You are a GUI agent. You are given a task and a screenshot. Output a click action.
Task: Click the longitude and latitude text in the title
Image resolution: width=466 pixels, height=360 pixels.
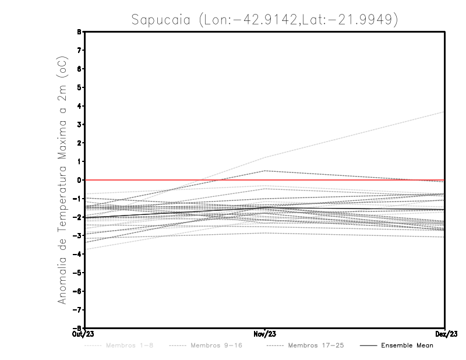coord(298,20)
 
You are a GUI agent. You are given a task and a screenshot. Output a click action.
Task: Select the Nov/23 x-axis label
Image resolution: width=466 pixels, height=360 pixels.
coord(264,334)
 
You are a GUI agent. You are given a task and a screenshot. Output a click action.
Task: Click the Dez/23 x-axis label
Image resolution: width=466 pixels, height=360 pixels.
coord(445,334)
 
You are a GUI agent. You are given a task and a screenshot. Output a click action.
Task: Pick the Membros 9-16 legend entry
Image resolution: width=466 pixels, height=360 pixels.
coord(205,345)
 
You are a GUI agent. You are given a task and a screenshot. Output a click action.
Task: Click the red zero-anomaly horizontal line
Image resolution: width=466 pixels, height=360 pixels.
coord(349,180)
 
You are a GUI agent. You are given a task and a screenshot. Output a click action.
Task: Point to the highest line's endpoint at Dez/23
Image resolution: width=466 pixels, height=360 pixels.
coord(444,112)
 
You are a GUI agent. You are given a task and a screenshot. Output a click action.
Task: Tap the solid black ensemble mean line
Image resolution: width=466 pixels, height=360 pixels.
coord(349,209)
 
